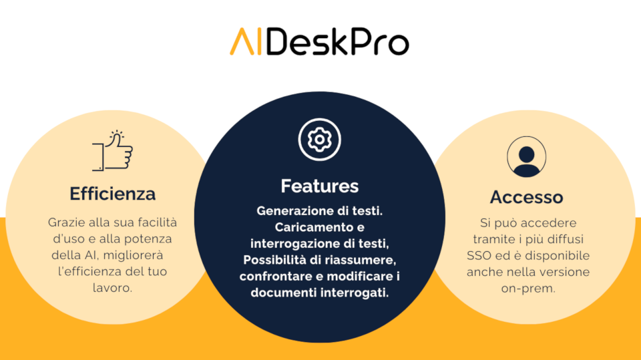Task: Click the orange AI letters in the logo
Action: pos(245,41)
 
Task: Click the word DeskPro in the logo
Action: pos(338,41)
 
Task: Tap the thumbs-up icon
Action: pos(112,150)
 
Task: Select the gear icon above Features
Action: pos(319,140)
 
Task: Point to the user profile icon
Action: pos(527,157)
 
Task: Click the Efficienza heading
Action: pos(112,194)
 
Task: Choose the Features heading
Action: pos(320,186)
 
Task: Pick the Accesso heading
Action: pos(527,197)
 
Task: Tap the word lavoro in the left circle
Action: pos(112,288)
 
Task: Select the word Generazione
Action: pos(294,211)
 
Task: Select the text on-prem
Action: pos(528,289)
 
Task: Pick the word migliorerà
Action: pos(133,255)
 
